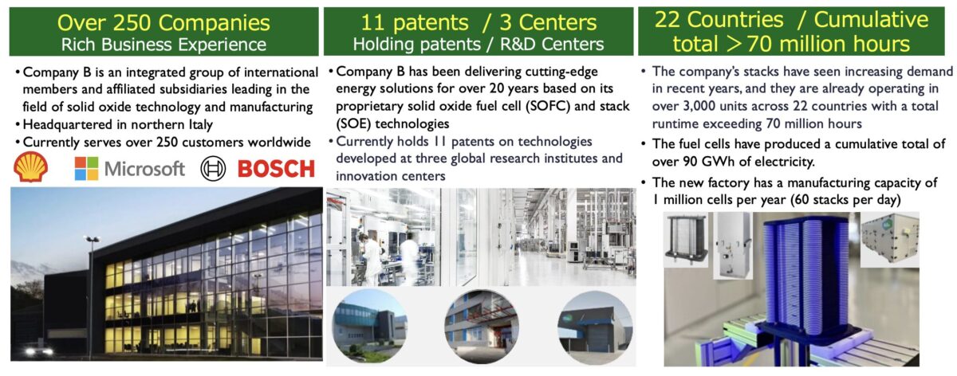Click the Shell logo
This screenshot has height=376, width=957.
pos(30,166)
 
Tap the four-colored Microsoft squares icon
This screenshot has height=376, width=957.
pos(86,169)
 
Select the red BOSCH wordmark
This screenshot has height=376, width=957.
pos(276,169)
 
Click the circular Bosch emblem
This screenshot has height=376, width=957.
pos(213,169)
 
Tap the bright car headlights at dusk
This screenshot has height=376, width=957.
pos(37,351)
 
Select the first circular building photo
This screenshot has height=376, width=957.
pos(370,327)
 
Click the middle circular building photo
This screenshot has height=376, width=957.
pos(482,327)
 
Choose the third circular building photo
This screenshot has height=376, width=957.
pos(595,327)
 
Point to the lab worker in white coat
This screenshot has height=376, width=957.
pos(371,260)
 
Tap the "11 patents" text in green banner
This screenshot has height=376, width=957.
pos(415,22)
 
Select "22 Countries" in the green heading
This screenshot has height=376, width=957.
pos(719,20)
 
